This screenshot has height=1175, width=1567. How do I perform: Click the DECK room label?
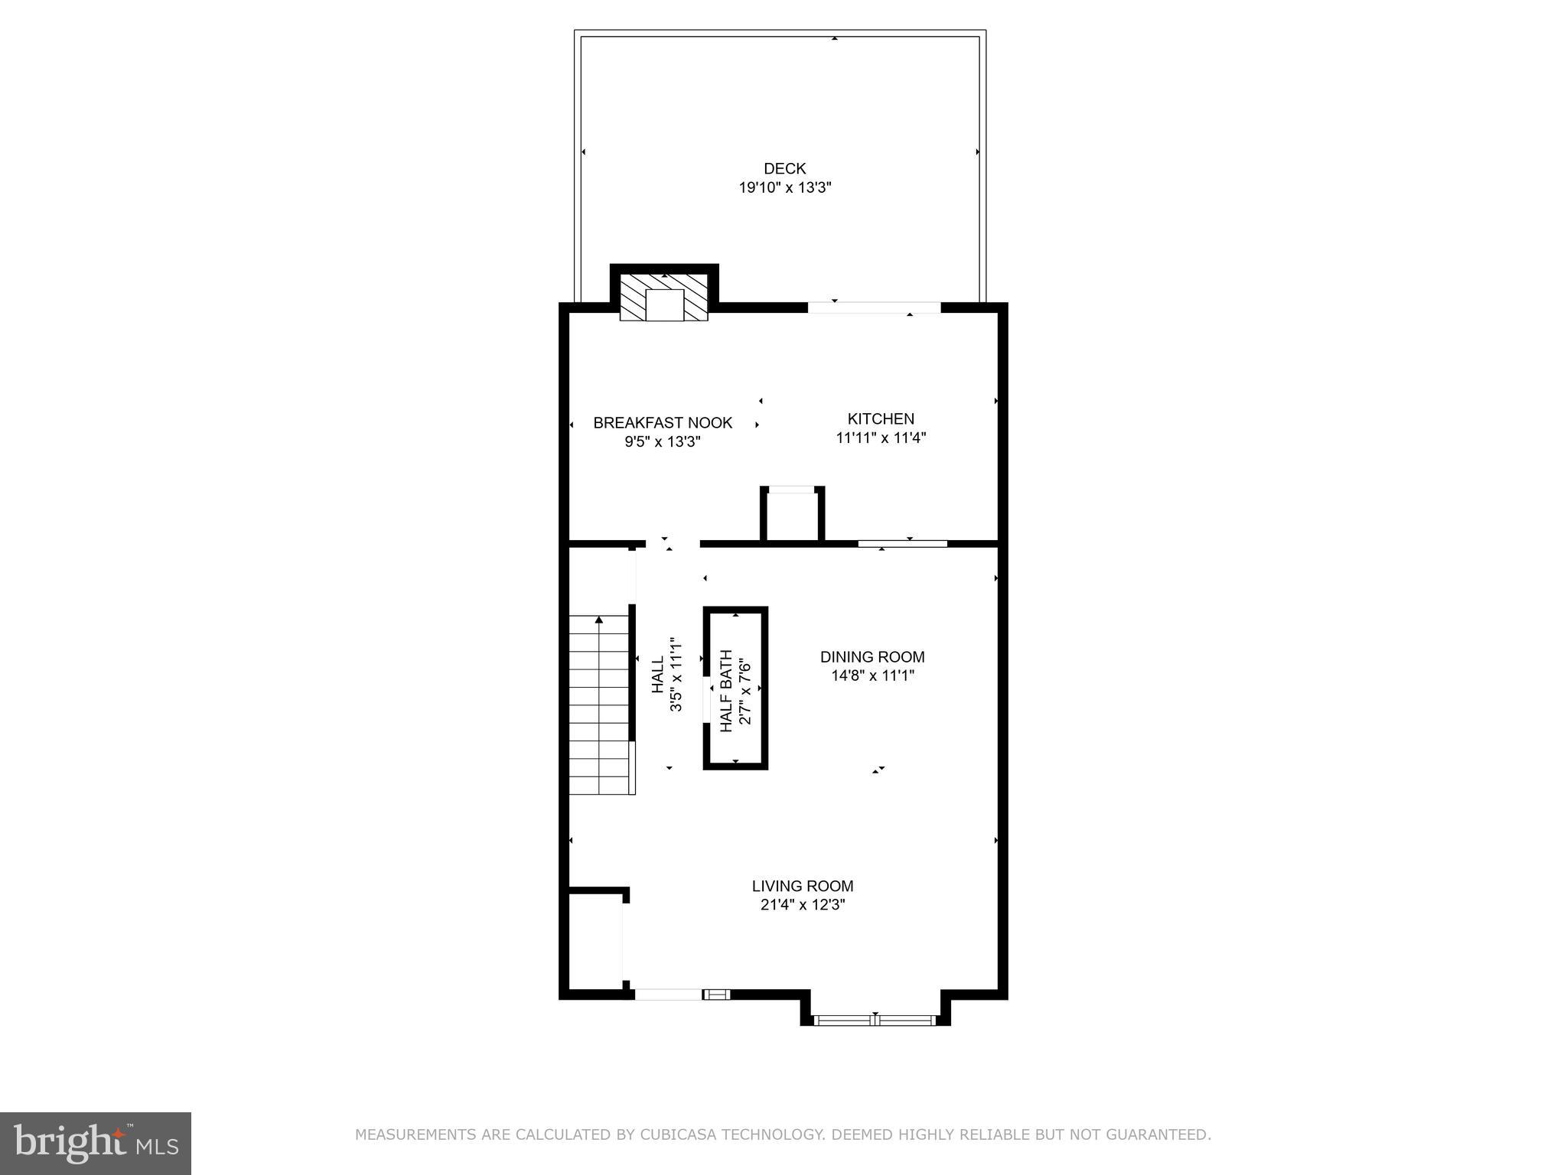(x=784, y=168)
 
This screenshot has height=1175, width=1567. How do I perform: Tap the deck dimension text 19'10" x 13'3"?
(x=784, y=188)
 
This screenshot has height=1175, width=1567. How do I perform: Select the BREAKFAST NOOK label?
(x=663, y=422)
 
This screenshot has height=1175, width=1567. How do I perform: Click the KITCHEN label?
(x=881, y=418)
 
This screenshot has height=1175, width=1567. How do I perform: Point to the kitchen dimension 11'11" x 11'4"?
(x=881, y=438)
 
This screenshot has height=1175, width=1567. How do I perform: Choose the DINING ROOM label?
(x=872, y=656)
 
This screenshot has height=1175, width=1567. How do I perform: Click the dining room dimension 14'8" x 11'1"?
(x=872, y=675)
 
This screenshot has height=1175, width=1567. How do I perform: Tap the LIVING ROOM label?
(x=803, y=886)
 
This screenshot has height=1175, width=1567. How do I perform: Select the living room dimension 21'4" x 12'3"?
(x=803, y=905)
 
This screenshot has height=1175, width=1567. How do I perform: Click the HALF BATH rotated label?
(x=727, y=691)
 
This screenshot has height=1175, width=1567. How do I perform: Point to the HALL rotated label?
(x=658, y=675)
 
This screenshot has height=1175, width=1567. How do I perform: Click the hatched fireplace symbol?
(x=663, y=298)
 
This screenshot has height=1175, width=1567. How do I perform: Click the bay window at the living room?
(x=875, y=1019)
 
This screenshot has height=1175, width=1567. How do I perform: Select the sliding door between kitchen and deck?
(x=874, y=308)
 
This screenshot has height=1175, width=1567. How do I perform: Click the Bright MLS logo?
(x=96, y=1143)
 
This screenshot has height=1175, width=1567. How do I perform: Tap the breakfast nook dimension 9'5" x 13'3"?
(x=663, y=442)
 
